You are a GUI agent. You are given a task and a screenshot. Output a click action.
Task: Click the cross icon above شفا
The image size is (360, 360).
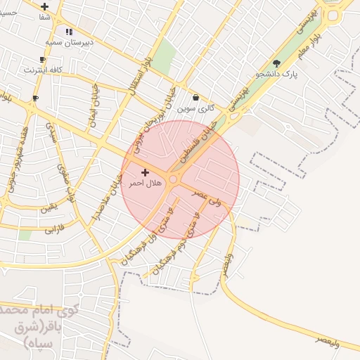45,6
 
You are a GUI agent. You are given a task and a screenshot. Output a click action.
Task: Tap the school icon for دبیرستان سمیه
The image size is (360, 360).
69,32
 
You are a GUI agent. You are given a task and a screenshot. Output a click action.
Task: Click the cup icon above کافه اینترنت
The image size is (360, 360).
43,59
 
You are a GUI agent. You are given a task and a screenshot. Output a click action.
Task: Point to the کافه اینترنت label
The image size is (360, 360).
44,70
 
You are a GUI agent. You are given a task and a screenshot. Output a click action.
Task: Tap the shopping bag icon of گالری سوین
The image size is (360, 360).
195,98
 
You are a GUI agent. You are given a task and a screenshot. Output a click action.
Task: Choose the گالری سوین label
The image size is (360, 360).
195,108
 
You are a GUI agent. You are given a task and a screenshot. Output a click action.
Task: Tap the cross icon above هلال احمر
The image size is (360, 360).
146,172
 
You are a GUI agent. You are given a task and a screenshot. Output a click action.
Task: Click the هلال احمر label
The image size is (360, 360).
145,183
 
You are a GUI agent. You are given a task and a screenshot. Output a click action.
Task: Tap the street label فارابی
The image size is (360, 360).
54,229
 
